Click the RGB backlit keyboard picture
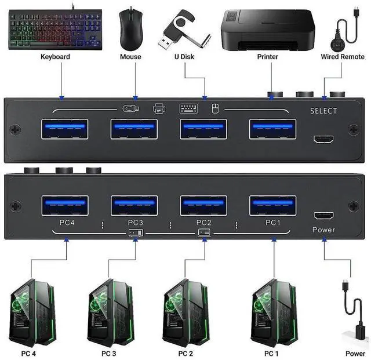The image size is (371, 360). (x=55, y=27)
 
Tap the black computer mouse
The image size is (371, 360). (x=130, y=29)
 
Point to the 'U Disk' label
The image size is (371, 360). (x=184, y=57)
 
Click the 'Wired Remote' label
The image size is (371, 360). (x=342, y=57)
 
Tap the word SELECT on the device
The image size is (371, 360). (x=323, y=111)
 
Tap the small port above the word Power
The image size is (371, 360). (x=323, y=215)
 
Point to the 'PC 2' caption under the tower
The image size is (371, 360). (x=185, y=353)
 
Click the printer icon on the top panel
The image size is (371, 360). (x=159, y=108)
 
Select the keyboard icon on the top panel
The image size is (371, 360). (x=188, y=108)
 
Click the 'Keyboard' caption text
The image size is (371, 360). (x=55, y=57)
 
